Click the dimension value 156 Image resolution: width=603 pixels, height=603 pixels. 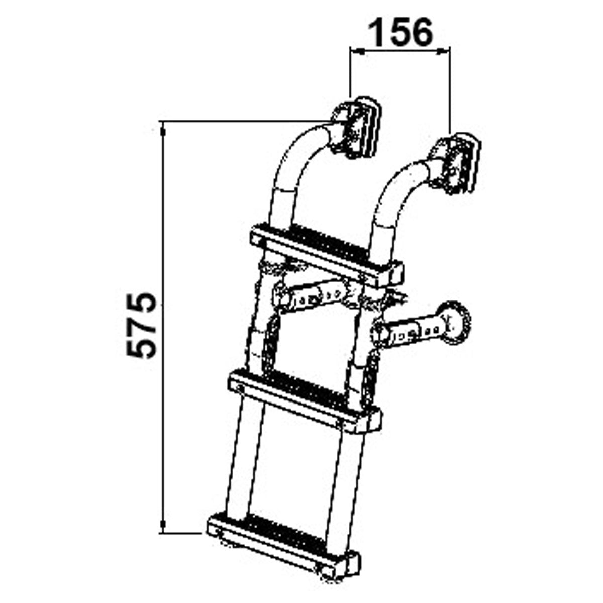click(400, 32)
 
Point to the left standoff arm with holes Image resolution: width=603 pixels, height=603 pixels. click(312, 296)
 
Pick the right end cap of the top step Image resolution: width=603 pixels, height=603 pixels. click(395, 273)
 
